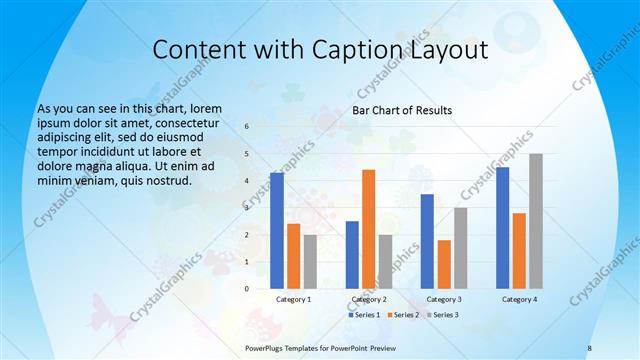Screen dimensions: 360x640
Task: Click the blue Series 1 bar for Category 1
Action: click(277, 231)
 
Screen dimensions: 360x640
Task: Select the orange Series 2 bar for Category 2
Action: click(368, 229)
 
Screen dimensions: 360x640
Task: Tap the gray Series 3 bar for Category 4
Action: click(536, 221)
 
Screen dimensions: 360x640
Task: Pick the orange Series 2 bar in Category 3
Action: click(444, 264)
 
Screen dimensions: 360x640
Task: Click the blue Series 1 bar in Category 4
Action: click(502, 228)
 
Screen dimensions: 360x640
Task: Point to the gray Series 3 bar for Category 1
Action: click(310, 262)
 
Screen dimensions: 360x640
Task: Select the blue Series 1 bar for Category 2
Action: click(352, 255)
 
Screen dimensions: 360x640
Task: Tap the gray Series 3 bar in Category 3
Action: click(460, 248)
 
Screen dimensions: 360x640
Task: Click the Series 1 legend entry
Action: click(364, 314)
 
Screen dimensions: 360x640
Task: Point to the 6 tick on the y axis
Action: click(247, 127)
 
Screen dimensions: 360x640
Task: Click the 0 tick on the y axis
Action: click(247, 289)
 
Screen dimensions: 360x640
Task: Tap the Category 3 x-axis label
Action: click(444, 299)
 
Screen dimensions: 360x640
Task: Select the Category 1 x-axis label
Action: click(293, 299)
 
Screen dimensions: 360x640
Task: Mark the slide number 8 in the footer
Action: click(589, 347)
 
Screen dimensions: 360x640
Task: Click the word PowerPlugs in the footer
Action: click(266, 347)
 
